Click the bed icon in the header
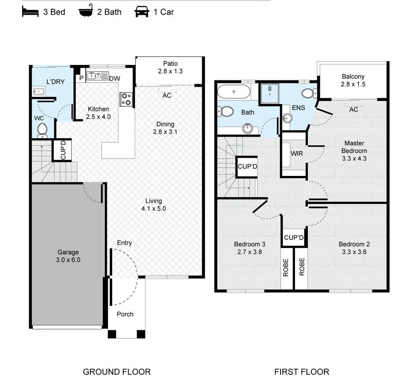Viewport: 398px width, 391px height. pyautogui.click(x=30, y=12)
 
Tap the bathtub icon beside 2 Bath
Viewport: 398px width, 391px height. pyautogui.click(x=86, y=11)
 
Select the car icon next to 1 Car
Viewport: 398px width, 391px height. pyautogui.click(x=142, y=12)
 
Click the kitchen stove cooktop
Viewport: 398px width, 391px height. pyautogui.click(x=126, y=99)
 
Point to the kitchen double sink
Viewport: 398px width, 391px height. pyautogui.click(x=98, y=76)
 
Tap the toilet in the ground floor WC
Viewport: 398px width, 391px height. pyautogui.click(x=42, y=130)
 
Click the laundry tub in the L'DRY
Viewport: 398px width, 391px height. pyautogui.click(x=39, y=91)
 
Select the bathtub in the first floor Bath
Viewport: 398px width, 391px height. pyautogui.click(x=234, y=91)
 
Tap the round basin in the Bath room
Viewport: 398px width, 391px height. pyautogui.click(x=247, y=129)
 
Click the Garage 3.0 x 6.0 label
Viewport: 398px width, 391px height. pyautogui.click(x=68, y=256)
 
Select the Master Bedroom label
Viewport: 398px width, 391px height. pyautogui.click(x=354, y=147)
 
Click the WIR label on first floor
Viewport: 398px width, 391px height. pyautogui.click(x=297, y=153)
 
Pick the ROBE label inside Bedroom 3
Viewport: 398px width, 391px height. pyautogui.click(x=286, y=267)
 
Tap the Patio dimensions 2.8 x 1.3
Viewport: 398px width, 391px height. pyautogui.click(x=170, y=71)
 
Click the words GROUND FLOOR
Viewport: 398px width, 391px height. pyautogui.click(x=117, y=372)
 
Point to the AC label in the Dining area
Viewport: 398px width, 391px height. pyautogui.click(x=167, y=95)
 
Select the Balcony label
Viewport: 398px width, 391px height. pyautogui.click(x=353, y=77)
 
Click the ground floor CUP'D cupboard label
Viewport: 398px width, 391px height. pyautogui.click(x=63, y=150)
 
